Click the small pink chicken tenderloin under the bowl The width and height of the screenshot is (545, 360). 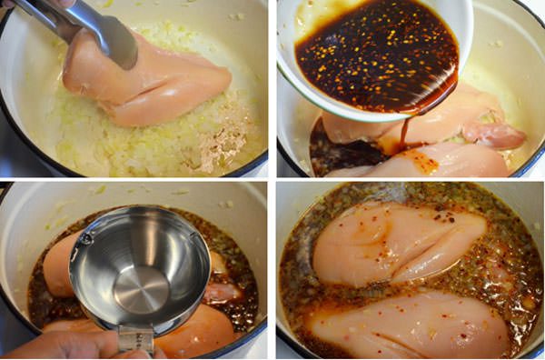[x=496, y=135]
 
